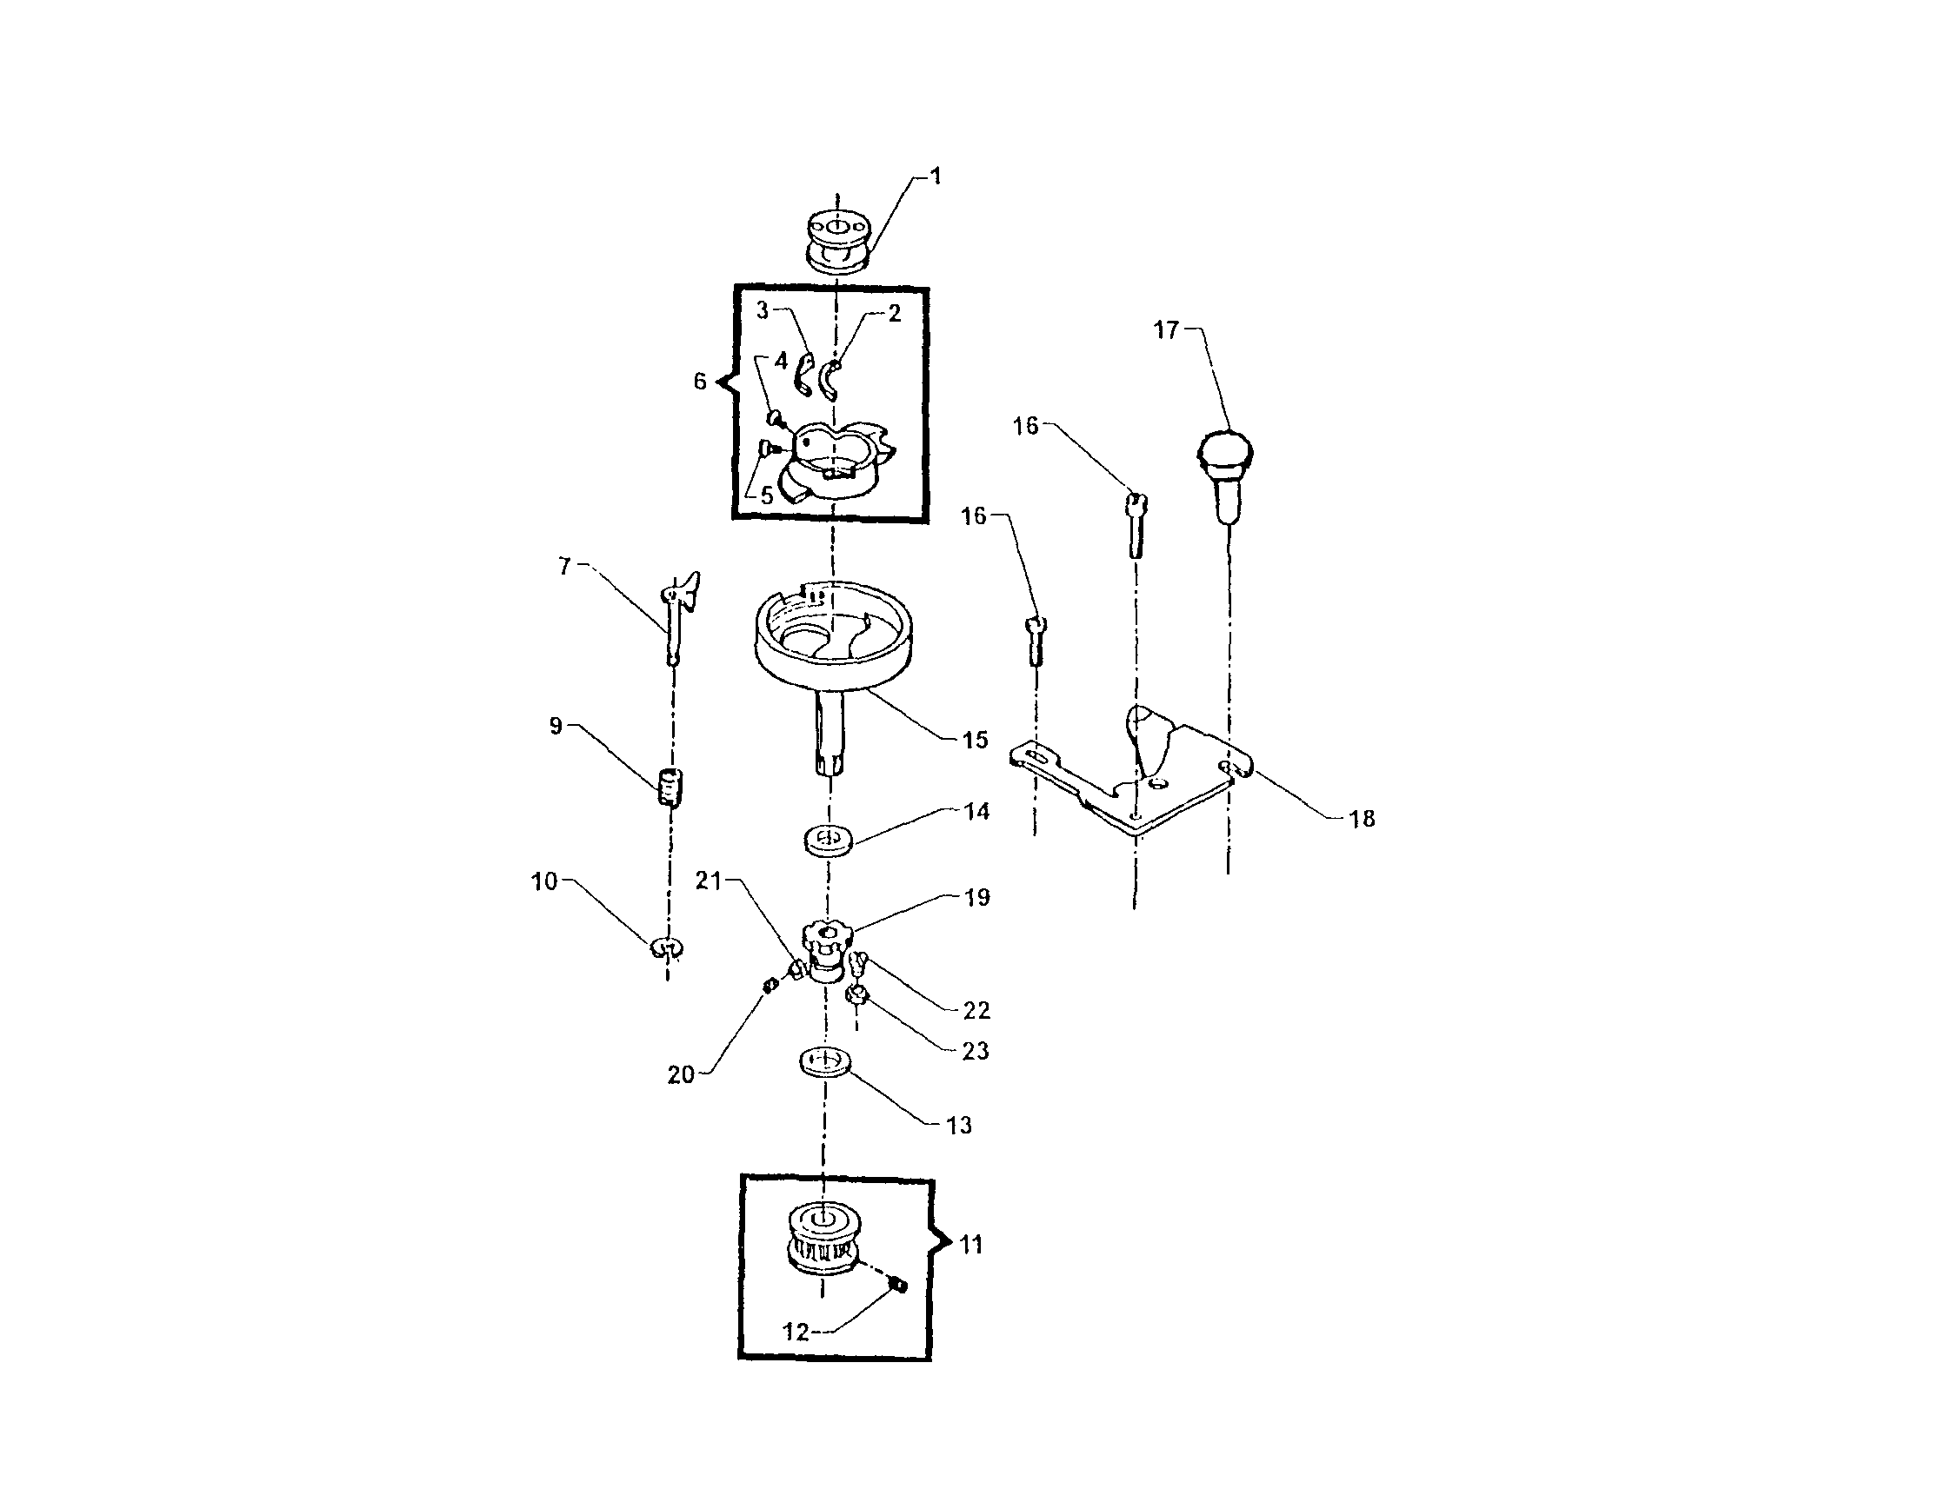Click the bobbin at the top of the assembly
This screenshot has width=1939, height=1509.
point(837,240)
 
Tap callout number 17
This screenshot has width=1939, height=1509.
point(1165,330)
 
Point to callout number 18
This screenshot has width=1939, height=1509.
point(1362,819)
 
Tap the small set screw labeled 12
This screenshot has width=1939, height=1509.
point(897,1285)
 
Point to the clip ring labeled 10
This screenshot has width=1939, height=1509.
point(667,949)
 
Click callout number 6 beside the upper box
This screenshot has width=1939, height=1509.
point(700,382)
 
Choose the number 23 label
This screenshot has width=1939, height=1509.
point(975,1051)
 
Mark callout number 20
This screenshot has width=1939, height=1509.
point(680,1075)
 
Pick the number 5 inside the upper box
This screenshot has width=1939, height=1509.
point(767,496)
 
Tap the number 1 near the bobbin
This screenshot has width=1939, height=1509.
point(935,176)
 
